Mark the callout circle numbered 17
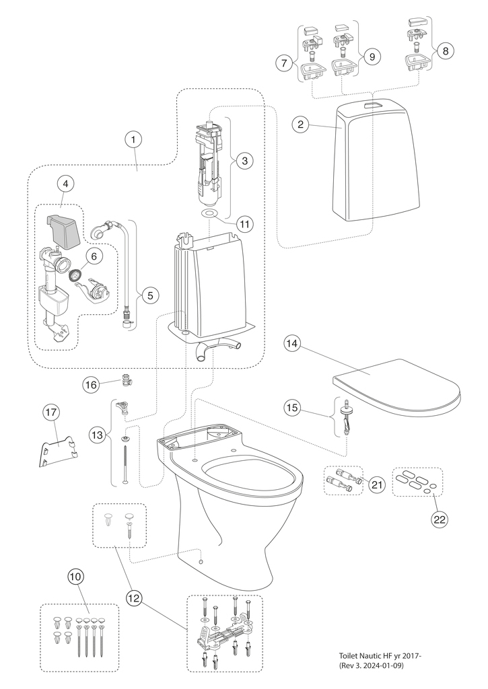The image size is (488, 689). [53, 411]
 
